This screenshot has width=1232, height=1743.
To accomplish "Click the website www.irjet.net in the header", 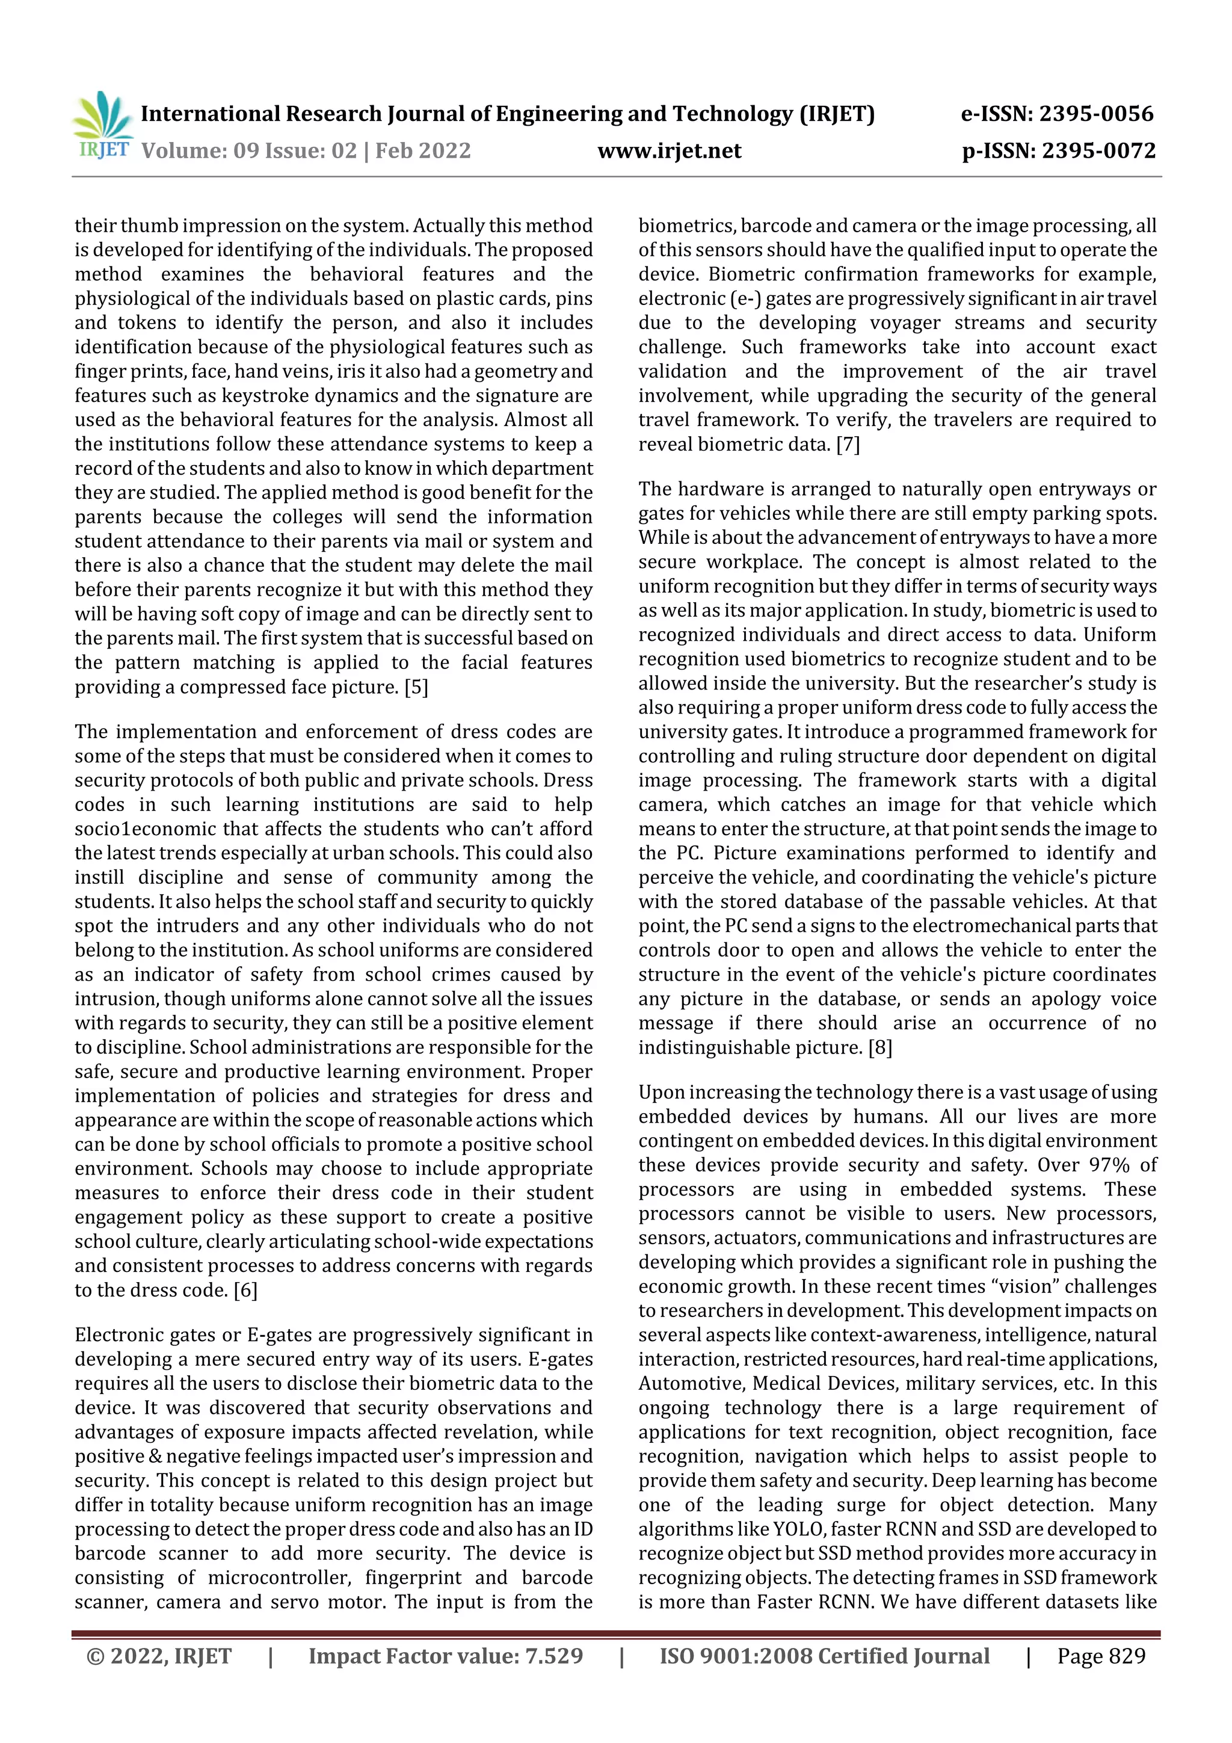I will [x=669, y=150].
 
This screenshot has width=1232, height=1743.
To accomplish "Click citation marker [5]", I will [x=416, y=687].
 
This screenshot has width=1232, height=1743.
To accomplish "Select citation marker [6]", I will [x=245, y=1290].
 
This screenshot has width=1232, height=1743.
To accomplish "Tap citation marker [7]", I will [x=848, y=444].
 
